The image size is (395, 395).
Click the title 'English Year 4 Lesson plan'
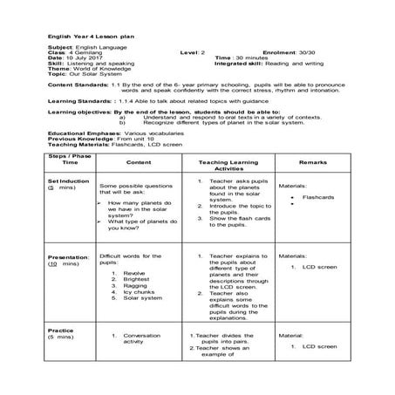[x=88, y=35]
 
